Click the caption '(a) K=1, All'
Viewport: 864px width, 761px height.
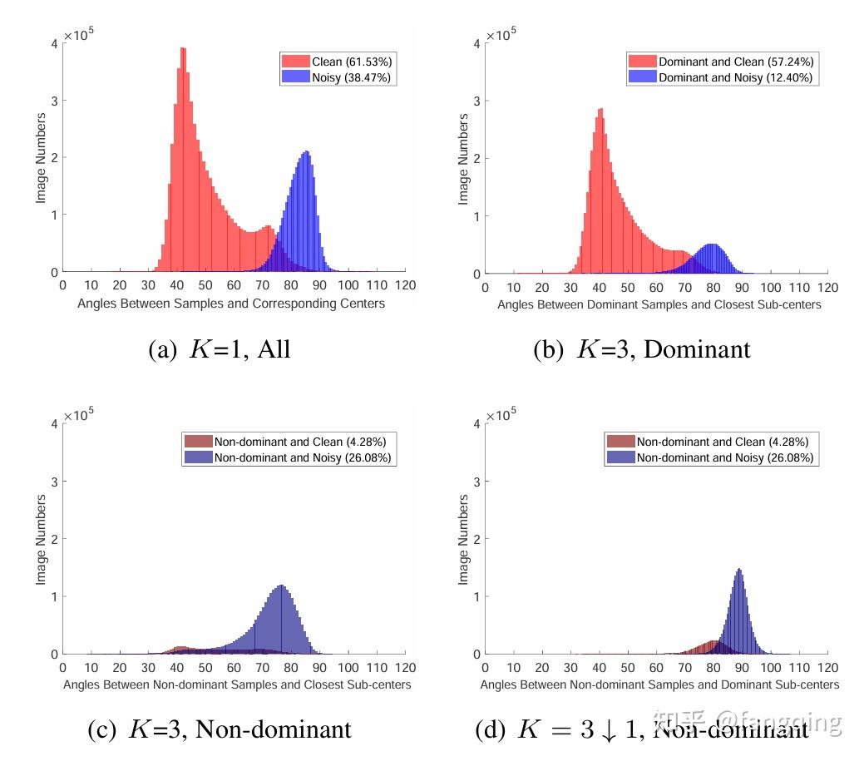219,349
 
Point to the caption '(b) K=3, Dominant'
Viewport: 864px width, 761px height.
641,349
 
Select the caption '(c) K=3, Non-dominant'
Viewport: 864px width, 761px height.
220,730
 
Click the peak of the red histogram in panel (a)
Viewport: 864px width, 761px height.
182,48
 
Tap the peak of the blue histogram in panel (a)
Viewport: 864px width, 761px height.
307,152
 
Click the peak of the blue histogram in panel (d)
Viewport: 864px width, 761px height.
738,570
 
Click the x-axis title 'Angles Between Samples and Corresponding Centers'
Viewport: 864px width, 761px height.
231,304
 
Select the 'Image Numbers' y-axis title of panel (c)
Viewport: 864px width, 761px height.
41,539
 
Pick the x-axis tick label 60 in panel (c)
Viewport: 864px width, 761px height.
234,668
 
